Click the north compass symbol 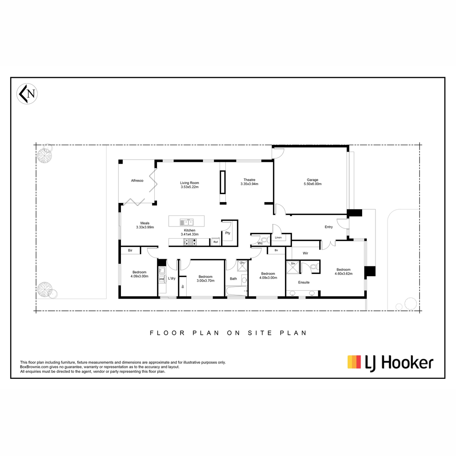(x=27, y=94)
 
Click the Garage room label (x=312, y=182)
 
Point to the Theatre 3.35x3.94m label (x=249, y=182)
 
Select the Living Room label (x=189, y=185)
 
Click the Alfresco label (x=137, y=180)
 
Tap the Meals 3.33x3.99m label (x=145, y=225)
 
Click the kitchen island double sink (x=187, y=222)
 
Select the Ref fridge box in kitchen (x=215, y=242)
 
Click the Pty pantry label (x=228, y=233)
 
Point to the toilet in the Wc (x=266, y=240)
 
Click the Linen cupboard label (x=278, y=237)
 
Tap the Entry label (x=328, y=227)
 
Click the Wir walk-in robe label (x=305, y=253)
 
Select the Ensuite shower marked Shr (x=293, y=267)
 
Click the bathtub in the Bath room (x=236, y=291)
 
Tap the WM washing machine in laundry (x=161, y=279)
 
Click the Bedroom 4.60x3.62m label (x=344, y=271)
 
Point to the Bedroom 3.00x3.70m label (x=206, y=279)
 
